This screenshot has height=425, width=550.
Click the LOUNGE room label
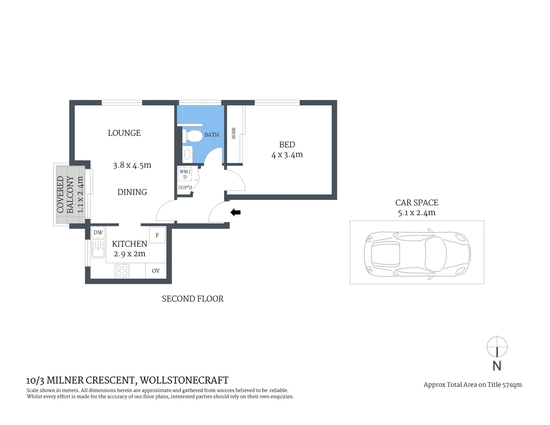(124, 133)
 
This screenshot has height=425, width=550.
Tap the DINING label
(132, 192)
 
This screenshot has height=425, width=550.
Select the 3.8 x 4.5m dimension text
(132, 165)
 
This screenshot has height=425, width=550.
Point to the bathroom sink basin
(187, 154)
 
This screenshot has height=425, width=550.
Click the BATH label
(212, 135)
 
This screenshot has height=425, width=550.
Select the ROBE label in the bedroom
(234, 133)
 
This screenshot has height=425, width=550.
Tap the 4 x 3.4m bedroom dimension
(287, 155)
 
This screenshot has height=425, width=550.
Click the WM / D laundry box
(185, 174)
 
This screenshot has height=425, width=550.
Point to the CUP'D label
(185, 188)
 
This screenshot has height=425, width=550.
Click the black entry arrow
(235, 213)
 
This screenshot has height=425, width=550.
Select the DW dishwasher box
(98, 233)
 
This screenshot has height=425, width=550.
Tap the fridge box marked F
(157, 235)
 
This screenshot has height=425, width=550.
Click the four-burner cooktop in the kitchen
(122, 271)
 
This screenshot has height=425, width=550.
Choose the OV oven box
(156, 271)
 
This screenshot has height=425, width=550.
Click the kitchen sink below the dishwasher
(98, 249)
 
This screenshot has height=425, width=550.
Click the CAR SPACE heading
(417, 203)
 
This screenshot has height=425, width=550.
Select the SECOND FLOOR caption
(193, 299)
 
